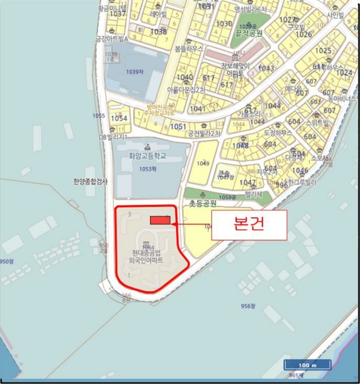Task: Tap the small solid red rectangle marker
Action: point(160,220)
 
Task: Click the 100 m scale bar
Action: point(307,365)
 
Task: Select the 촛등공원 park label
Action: point(203,202)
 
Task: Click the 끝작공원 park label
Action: point(249,33)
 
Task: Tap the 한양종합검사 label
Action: point(91,180)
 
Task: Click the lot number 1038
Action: point(158,32)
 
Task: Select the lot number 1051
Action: point(178,126)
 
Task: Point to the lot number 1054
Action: point(119,118)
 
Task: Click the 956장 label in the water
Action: point(248,306)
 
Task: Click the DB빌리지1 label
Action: point(113,137)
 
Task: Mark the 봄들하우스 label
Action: point(189,48)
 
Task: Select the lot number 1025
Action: point(323,50)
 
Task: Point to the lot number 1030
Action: point(224,24)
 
